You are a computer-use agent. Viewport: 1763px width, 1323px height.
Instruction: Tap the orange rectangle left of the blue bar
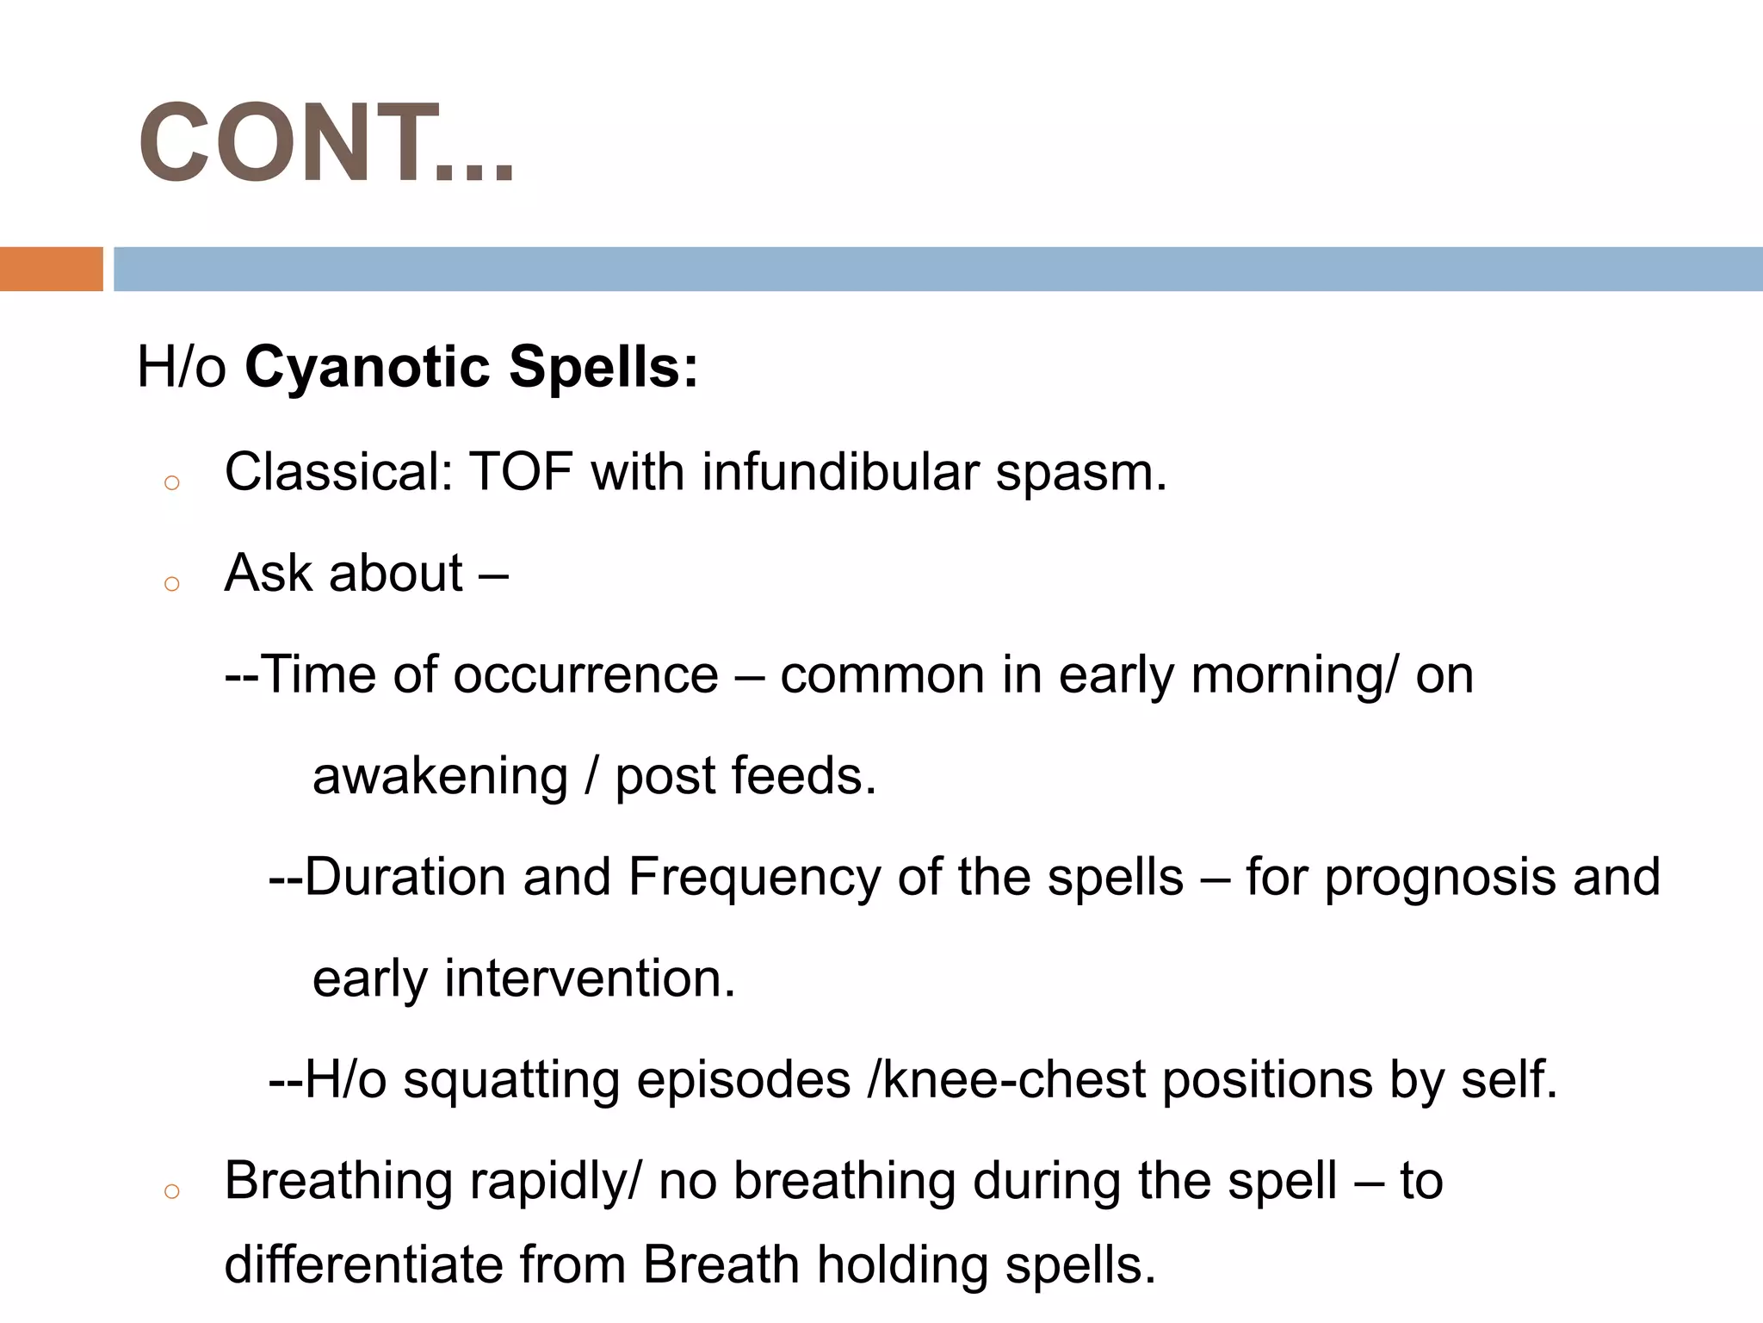pyautogui.click(x=51, y=269)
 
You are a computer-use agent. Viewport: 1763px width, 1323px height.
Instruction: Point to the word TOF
pyautogui.click(x=521, y=473)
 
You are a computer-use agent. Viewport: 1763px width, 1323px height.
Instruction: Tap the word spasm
pyautogui.click(x=1080, y=473)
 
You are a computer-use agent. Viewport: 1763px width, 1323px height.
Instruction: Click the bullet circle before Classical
pyautogui.click(x=171, y=482)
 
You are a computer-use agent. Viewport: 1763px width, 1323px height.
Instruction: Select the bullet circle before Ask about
pyautogui.click(x=171, y=584)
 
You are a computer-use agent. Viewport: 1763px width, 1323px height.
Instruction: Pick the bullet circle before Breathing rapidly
pyautogui.click(x=171, y=1191)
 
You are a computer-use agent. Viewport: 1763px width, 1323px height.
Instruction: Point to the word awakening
pyautogui.click(x=440, y=777)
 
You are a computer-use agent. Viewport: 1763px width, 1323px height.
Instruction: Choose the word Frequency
pyautogui.click(x=754, y=878)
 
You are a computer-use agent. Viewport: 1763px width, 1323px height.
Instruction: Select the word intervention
pyautogui.click(x=590, y=978)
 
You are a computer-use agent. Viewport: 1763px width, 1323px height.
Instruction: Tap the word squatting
pyautogui.click(x=511, y=1081)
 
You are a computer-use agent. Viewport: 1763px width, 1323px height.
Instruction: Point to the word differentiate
pyautogui.click(x=362, y=1265)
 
